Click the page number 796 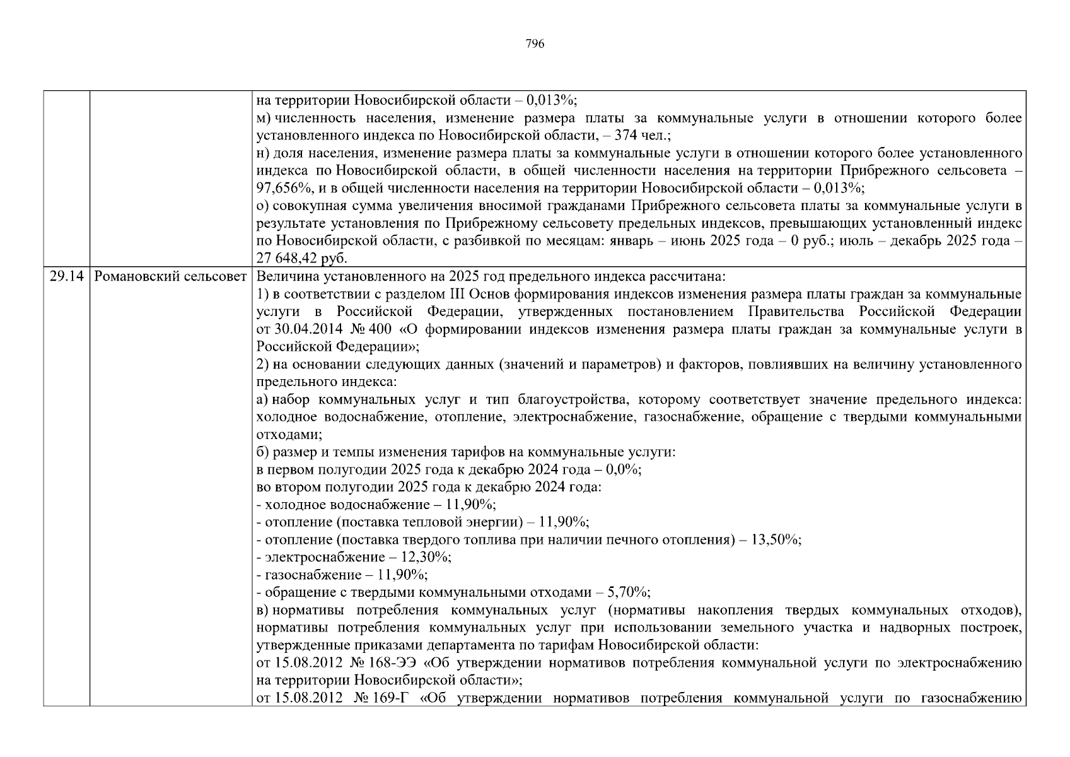[x=535, y=44]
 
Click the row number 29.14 [x=66, y=277]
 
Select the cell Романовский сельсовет [x=170, y=277]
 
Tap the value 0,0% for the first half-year [x=623, y=470]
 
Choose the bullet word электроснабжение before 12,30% [x=325, y=557]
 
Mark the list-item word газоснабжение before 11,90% [x=313, y=575]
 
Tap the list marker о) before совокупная [x=263, y=206]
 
